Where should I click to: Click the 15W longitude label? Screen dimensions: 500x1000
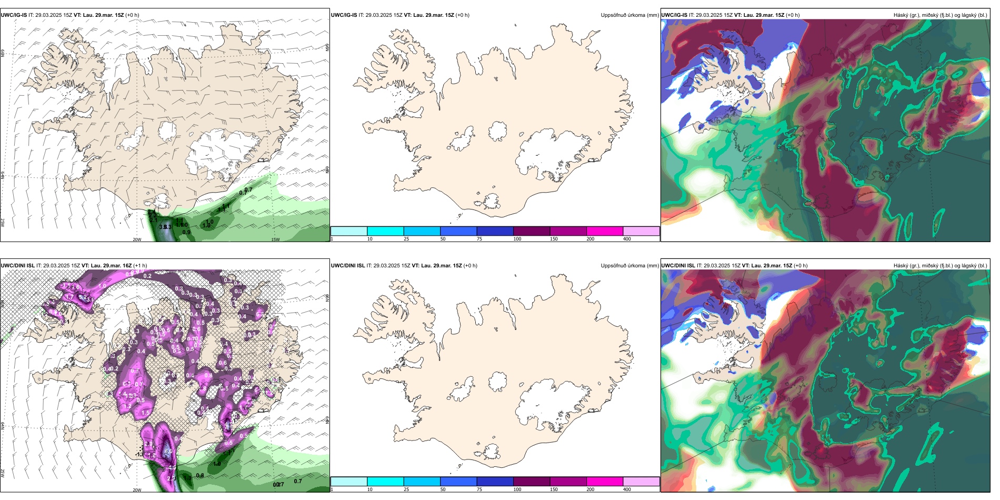tap(275, 239)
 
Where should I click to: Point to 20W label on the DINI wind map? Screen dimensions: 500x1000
tap(137, 490)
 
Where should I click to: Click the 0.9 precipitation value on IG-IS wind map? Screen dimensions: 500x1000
tap(186, 232)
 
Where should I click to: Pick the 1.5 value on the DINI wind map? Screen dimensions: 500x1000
tap(145, 413)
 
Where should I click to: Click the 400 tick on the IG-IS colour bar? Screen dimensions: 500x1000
tap(627, 239)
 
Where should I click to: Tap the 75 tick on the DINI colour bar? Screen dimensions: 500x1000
tap(479, 489)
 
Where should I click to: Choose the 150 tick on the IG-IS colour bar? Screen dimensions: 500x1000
tap(554, 239)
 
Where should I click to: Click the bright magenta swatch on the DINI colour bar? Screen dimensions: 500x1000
tap(604, 482)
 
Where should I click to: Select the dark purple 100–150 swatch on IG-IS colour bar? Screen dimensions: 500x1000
tap(531, 231)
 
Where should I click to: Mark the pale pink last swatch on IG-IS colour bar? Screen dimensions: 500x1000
tap(641, 231)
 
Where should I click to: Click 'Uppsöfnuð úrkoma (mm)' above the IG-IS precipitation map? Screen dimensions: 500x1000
tap(629, 15)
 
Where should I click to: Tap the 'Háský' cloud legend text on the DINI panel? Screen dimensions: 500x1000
tap(902, 266)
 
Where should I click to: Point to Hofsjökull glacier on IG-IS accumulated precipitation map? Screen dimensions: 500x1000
tap(497, 131)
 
